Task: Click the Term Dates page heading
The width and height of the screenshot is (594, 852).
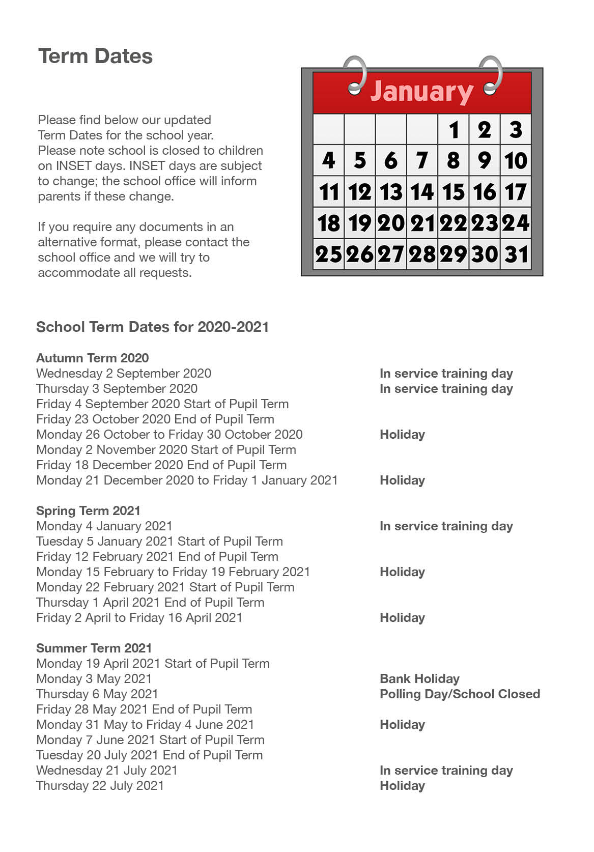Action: click(x=95, y=56)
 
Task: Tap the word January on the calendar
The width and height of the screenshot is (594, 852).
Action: click(x=421, y=92)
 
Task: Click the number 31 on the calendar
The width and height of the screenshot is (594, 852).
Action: click(x=516, y=254)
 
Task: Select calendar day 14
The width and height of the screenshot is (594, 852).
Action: click(x=422, y=192)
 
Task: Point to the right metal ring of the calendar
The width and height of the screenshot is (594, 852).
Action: click(x=491, y=75)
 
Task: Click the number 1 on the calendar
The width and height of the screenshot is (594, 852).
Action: click(x=454, y=129)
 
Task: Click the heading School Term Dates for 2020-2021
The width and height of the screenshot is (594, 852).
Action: click(x=152, y=327)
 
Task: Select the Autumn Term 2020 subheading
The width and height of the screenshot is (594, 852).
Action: click(x=92, y=358)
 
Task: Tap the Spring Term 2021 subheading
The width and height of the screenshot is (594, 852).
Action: click(x=88, y=510)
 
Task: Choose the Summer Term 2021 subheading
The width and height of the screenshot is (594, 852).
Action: click(x=94, y=648)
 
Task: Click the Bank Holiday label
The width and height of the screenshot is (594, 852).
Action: click(x=419, y=678)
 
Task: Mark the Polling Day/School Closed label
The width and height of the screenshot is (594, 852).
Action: click(x=460, y=694)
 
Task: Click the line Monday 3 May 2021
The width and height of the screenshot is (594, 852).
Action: click(x=94, y=678)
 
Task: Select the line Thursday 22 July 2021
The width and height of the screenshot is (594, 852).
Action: click(x=100, y=785)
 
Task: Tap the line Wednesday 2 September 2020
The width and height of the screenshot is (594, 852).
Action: click(x=123, y=373)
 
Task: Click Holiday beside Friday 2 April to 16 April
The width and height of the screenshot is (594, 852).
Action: click(x=402, y=617)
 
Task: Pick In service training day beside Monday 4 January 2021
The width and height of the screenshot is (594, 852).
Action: click(x=446, y=526)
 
